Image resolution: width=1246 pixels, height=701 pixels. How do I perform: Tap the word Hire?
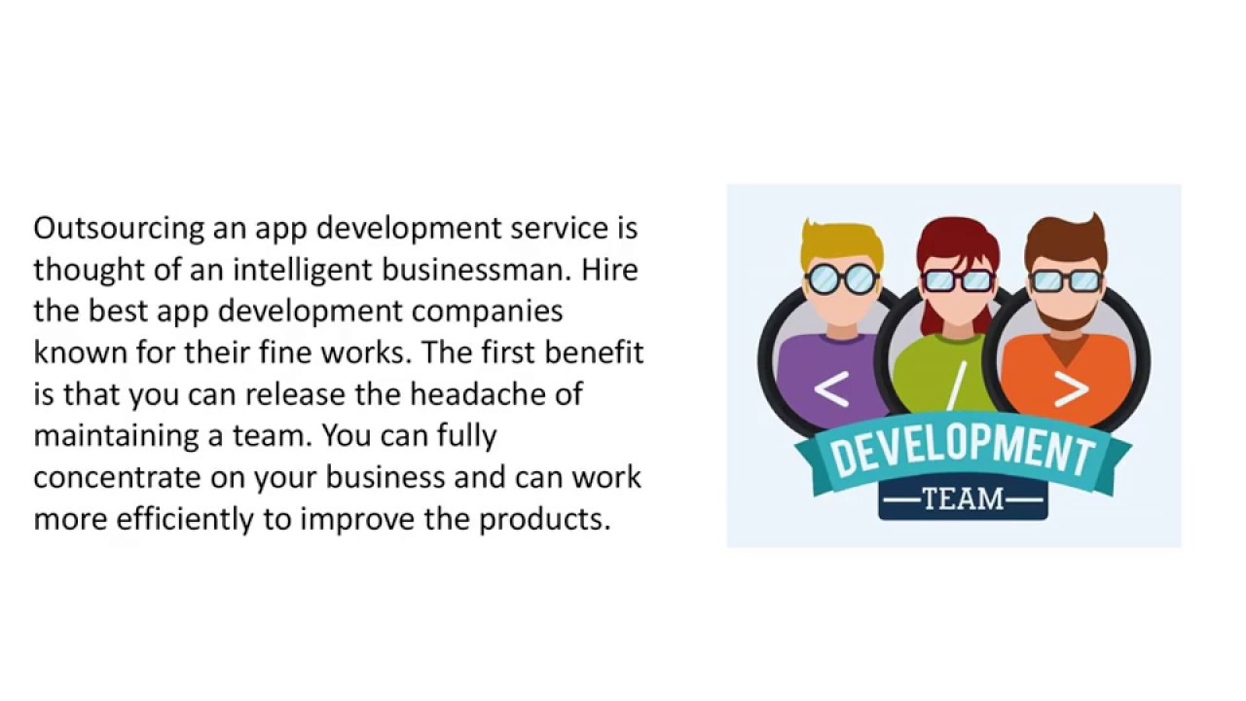610,270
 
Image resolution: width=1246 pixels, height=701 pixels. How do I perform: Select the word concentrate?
117,478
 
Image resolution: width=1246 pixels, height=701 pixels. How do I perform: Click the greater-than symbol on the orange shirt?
1071,389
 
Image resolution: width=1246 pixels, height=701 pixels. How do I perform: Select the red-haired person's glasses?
957,280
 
